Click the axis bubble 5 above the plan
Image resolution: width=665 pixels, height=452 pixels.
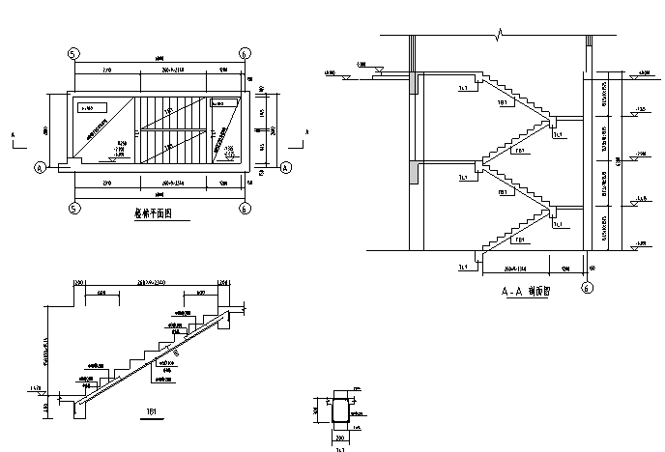pyautogui.click(x=73, y=53)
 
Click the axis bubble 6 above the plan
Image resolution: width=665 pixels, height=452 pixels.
pyautogui.click(x=245, y=53)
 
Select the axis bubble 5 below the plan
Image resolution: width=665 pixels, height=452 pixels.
pyautogui.click(x=73, y=207)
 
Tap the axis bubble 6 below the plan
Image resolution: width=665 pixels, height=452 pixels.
pyautogui.click(x=245, y=207)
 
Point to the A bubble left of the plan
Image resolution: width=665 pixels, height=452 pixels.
pyautogui.click(x=41, y=167)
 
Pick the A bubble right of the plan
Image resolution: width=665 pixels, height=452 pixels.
pyautogui.click(x=286, y=167)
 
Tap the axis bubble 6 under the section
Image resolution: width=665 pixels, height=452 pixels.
pyautogui.click(x=586, y=287)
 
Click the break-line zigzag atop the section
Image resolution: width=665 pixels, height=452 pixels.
pyautogui.click(x=500, y=37)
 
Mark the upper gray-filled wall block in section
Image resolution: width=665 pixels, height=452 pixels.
pyautogui.click(x=417, y=84)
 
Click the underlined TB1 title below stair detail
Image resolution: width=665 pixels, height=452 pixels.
pyautogui.click(x=152, y=411)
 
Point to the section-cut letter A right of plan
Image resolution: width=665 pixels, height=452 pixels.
pyautogui.click(x=304, y=133)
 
